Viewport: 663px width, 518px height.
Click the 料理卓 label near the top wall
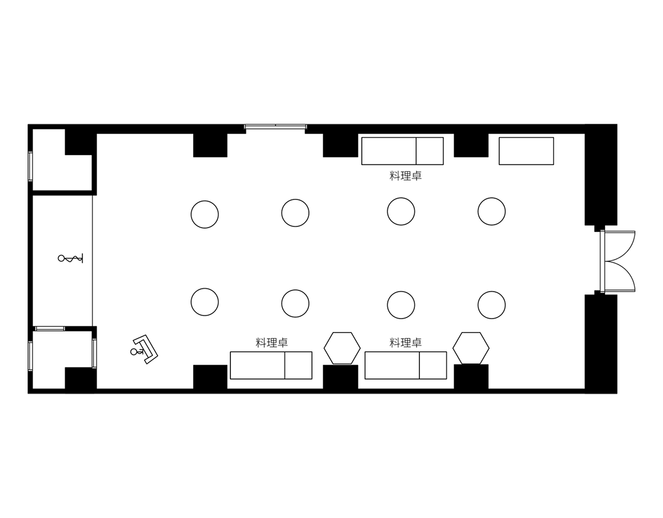pyautogui.click(x=405, y=176)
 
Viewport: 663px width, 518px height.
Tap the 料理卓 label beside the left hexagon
pyautogui.click(x=271, y=343)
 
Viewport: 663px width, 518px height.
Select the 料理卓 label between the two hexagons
pyautogui.click(x=405, y=343)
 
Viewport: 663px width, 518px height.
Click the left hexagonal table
pyautogui.click(x=342, y=348)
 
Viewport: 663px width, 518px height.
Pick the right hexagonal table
pyautogui.click(x=471, y=348)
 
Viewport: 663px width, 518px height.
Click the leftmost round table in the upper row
pyautogui.click(x=205, y=214)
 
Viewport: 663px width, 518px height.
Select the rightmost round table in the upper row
pyautogui.click(x=492, y=212)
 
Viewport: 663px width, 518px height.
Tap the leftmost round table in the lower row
pyautogui.click(x=205, y=302)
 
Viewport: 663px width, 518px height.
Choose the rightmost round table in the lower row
pyautogui.click(x=492, y=305)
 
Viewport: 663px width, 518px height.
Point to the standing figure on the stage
pyautogui.click(x=70, y=258)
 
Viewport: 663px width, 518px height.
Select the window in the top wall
pyautogui.click(x=276, y=126)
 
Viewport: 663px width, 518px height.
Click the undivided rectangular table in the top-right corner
pyautogui.click(x=527, y=151)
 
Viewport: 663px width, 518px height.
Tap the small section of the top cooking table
pyautogui.click(x=430, y=151)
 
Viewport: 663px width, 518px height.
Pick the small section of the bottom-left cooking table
pyautogui.click(x=298, y=365)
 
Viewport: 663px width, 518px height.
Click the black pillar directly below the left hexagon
pyautogui.click(x=340, y=377)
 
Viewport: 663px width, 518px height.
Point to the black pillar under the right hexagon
pyautogui.click(x=471, y=377)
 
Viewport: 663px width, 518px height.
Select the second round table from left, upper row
pyautogui.click(x=296, y=213)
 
